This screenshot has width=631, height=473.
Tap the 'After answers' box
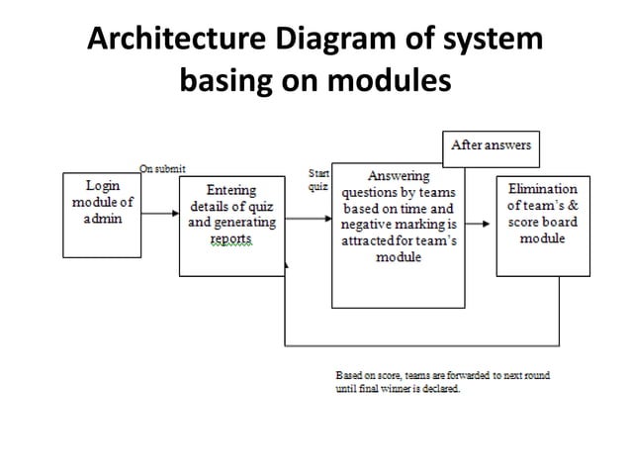point(491,145)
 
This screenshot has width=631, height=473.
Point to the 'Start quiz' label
point(318,180)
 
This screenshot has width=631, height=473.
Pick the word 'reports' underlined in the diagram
point(231,239)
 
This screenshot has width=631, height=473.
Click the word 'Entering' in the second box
point(231,190)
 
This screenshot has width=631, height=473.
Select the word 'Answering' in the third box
point(398,176)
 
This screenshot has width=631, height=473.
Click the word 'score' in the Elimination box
point(525,222)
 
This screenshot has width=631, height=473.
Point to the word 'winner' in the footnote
point(407,389)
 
